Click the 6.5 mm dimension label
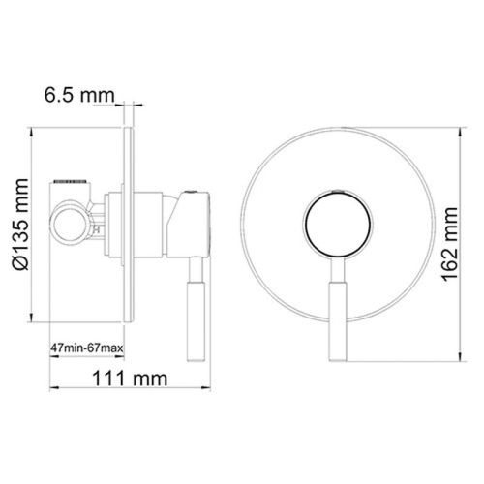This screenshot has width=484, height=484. tap(78, 96)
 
